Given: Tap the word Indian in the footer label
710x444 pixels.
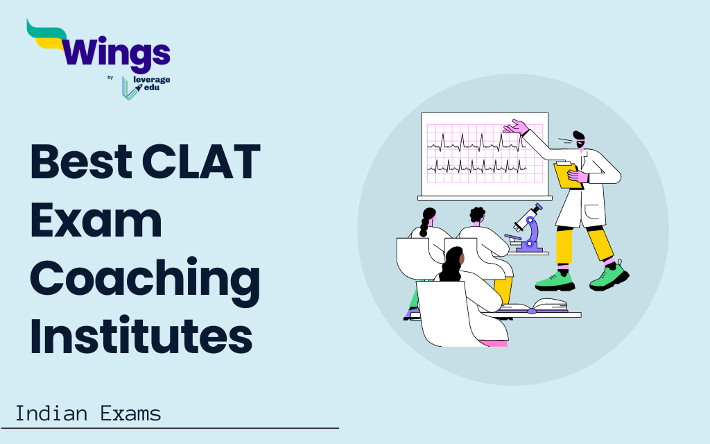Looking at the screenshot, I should pos(51,414).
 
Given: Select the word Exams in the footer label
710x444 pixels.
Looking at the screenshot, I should pos(130,414).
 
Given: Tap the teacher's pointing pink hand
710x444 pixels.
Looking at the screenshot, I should pos(516,127).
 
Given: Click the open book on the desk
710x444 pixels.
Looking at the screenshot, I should pos(534,306).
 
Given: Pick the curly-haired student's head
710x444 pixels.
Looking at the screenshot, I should pos(478,215).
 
